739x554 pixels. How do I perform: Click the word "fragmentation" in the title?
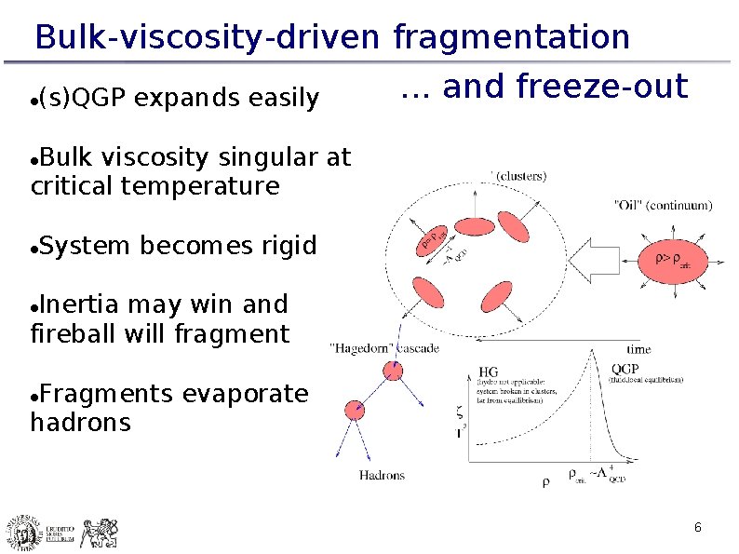point(512,37)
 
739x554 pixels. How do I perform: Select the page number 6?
point(697,529)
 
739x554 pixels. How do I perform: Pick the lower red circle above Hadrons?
point(354,410)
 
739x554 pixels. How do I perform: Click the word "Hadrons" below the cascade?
point(382,475)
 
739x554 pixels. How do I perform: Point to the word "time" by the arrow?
point(638,349)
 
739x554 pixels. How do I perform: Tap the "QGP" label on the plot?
point(625,369)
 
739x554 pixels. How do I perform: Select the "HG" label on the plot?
point(488,372)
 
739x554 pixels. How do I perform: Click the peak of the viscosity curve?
point(593,353)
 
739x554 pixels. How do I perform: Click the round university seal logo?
point(21,533)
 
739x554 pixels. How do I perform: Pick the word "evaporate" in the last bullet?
point(245,394)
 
